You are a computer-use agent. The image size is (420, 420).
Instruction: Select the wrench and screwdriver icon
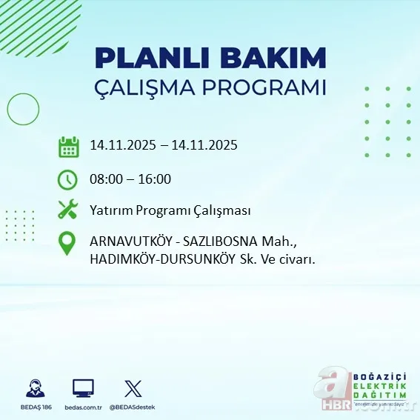tap(67, 210)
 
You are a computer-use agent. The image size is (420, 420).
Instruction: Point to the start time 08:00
tap(105, 179)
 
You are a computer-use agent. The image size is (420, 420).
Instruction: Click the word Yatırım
tap(110, 210)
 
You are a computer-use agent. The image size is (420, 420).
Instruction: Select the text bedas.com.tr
tap(83, 407)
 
